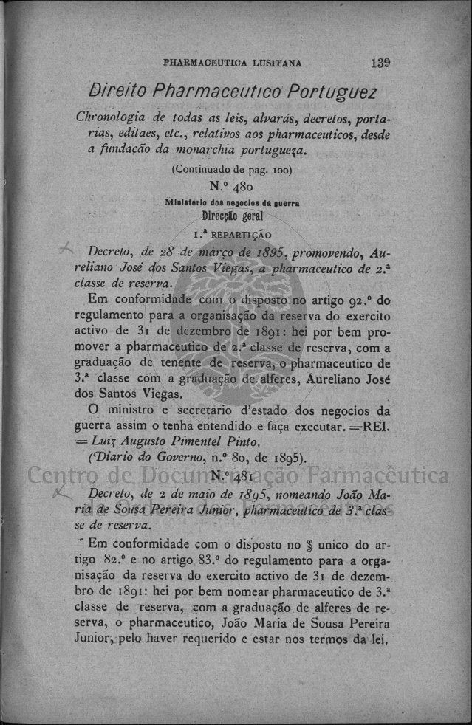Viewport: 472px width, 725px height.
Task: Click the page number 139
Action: click(x=381, y=63)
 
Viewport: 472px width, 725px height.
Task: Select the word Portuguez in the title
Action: click(x=332, y=93)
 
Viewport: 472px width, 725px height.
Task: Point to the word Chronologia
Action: click(x=112, y=120)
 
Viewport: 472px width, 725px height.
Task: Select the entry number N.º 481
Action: click(x=232, y=476)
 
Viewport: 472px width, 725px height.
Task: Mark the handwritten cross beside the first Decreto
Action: click(x=69, y=248)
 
